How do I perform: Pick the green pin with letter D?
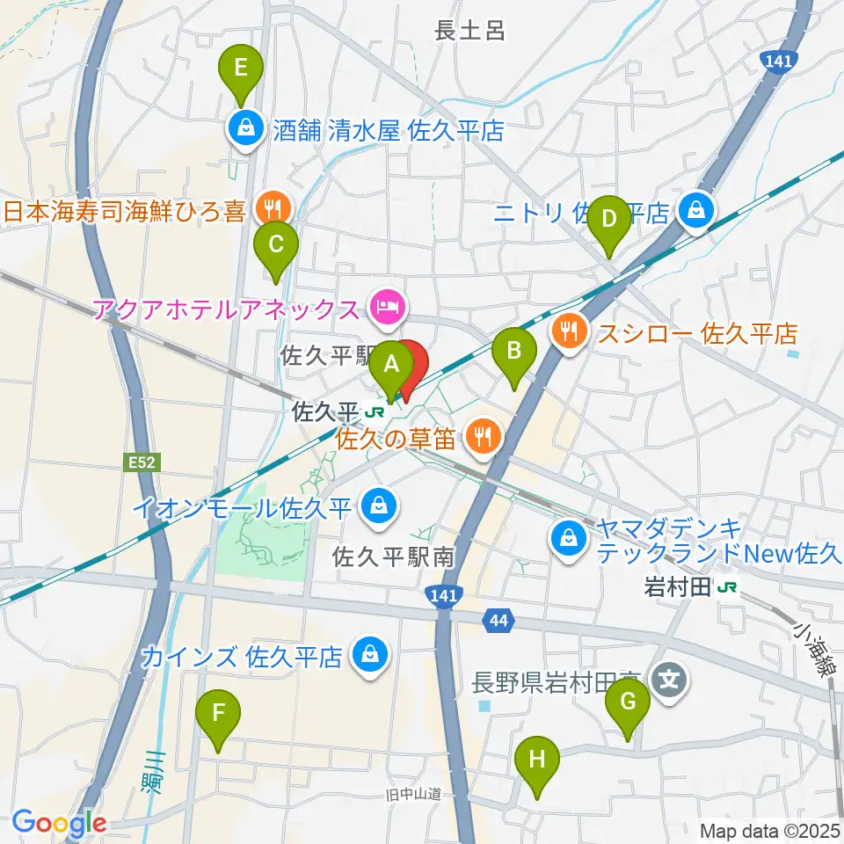(608, 220)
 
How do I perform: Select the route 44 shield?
(498, 622)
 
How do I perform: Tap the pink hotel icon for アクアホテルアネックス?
(388, 307)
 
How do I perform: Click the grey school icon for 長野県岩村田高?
(669, 679)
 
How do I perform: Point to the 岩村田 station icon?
(727, 587)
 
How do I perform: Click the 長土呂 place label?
(470, 32)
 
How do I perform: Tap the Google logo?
(60, 823)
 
